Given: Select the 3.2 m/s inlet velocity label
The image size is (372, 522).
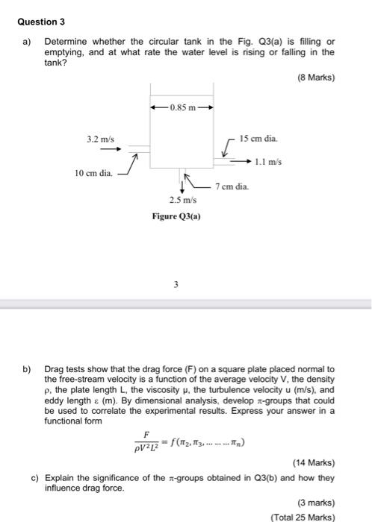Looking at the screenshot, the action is coord(100,139).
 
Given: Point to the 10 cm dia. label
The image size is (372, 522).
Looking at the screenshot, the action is coord(93,174).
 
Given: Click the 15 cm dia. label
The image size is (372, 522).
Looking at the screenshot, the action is coord(258,139).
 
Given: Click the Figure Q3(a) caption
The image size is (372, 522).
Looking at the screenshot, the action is coord(178,218).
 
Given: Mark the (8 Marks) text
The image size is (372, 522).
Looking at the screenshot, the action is coord(316,77).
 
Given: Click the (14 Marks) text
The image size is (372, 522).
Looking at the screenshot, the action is coord(314,462).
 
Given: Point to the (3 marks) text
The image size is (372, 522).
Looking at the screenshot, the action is coord(316,502).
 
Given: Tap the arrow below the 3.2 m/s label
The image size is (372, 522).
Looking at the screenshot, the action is coord(100,148).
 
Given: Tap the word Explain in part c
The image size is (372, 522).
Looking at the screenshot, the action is coord(63,477).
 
